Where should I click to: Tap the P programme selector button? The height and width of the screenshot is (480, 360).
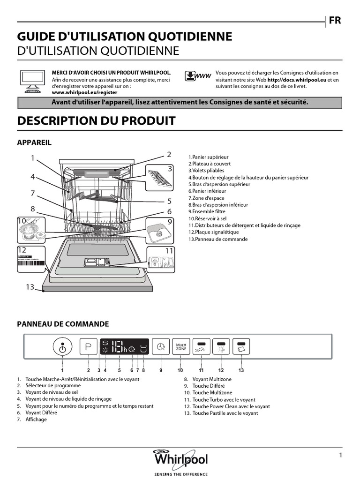88,347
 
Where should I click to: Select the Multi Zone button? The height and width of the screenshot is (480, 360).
180,347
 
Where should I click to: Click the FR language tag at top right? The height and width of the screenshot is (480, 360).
335,20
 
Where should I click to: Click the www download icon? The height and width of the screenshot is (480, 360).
197,77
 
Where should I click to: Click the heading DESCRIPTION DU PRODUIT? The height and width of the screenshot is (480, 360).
96,120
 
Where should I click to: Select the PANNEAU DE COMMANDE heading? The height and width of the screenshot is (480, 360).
63,324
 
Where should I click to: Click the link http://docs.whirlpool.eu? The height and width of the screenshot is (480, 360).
297,80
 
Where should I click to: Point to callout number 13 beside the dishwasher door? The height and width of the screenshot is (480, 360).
30,287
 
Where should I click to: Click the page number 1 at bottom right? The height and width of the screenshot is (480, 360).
341,455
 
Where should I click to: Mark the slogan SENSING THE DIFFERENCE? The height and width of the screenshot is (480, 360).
180,474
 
